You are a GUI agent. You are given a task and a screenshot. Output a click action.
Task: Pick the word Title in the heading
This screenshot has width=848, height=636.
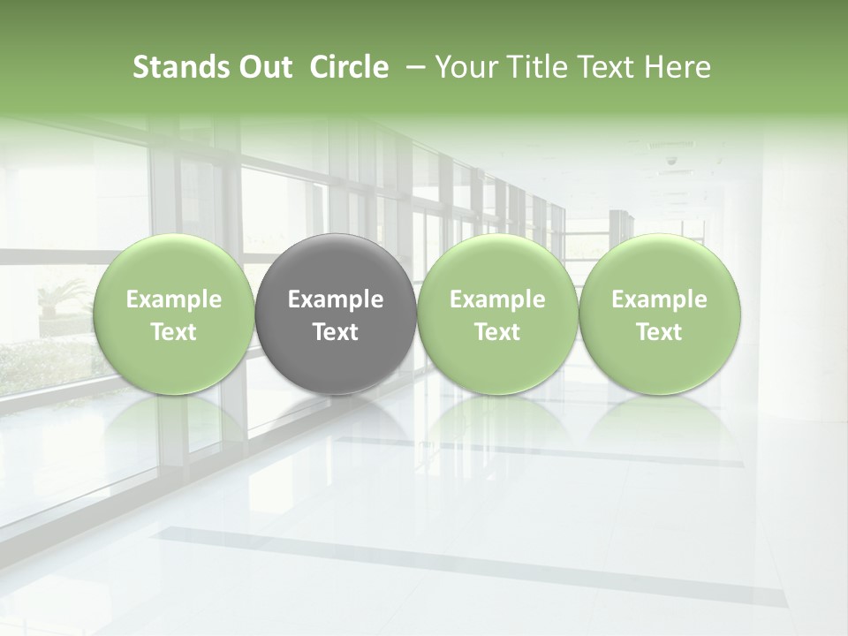tap(536, 67)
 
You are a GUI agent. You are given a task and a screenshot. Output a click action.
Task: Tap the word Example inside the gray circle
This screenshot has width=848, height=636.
tap(336, 299)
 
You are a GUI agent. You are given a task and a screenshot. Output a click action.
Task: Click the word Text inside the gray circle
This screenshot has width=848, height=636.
tap(336, 332)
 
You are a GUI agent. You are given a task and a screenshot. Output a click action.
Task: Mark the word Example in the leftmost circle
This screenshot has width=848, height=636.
tap(173, 299)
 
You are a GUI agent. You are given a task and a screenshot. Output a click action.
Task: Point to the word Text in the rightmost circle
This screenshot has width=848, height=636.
tap(660, 332)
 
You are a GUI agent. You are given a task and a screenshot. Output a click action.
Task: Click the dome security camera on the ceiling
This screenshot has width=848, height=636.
tap(670, 162)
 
